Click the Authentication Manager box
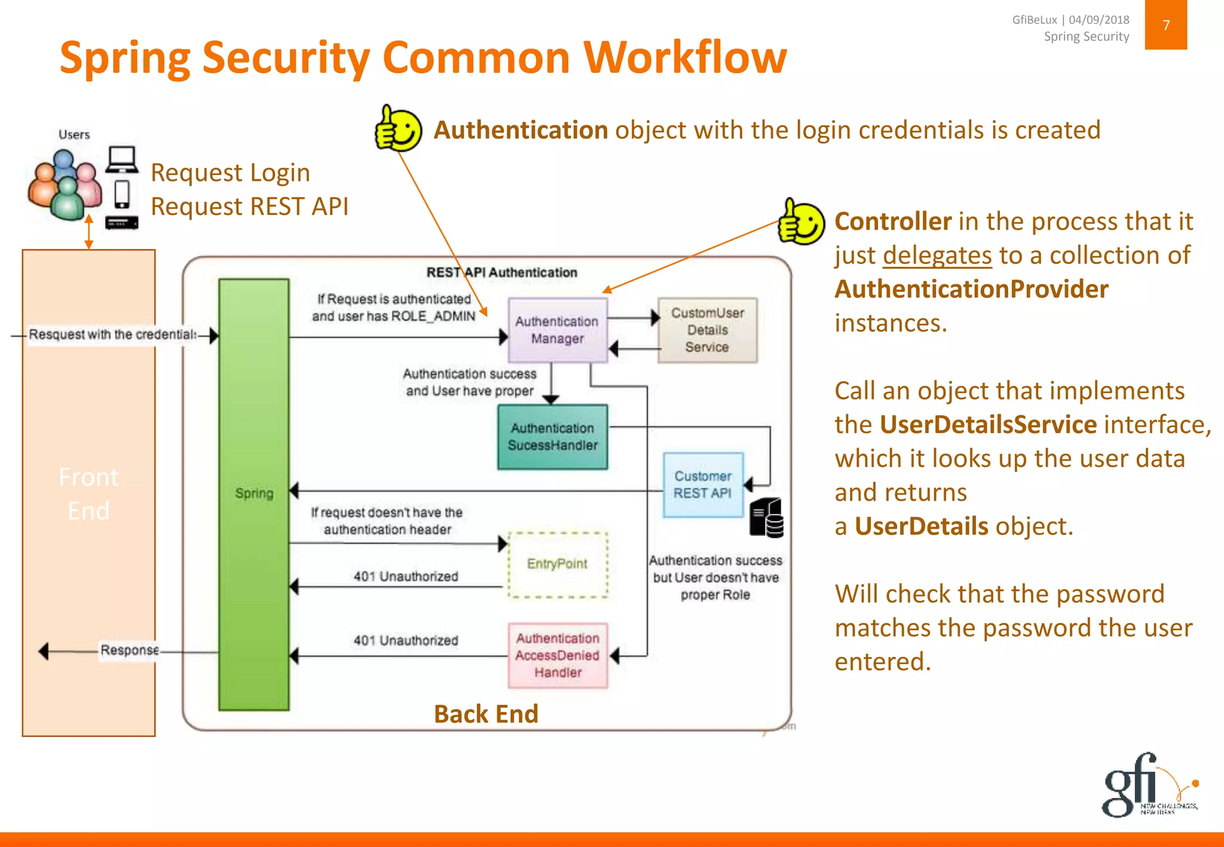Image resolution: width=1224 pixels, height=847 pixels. point(557,330)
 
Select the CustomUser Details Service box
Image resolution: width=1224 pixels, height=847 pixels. point(707,330)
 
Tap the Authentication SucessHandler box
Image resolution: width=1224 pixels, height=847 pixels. point(552,437)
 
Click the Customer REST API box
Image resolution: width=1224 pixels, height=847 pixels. point(703,484)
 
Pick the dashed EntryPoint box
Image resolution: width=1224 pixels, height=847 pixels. point(557,564)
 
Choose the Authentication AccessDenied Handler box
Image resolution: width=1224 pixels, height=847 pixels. point(557,655)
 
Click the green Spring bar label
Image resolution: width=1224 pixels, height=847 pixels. point(254,493)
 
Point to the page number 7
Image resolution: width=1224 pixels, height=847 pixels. point(1165,25)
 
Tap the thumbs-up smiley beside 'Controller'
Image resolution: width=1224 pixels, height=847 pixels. point(801,222)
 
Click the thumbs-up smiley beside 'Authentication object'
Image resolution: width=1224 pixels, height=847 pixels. point(398,128)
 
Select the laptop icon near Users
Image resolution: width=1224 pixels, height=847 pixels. point(123,159)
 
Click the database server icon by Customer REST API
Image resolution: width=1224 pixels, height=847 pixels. point(767,518)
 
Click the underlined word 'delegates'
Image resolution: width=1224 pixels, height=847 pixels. point(937,256)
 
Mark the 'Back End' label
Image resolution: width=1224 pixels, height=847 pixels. point(486,714)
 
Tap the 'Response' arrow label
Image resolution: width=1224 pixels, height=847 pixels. point(129,650)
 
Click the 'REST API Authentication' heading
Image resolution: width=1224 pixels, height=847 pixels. point(501,272)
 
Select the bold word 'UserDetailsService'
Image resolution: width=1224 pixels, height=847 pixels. point(988,425)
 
